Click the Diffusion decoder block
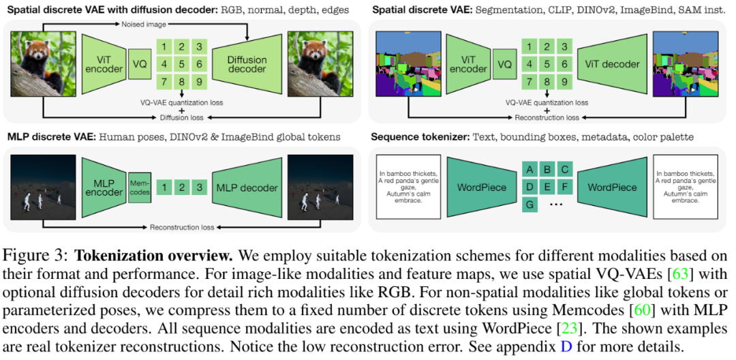point(247,64)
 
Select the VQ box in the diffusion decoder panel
point(139,64)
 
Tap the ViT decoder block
point(611,64)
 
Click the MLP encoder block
point(104,187)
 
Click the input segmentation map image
point(406,65)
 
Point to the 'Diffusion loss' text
point(181,117)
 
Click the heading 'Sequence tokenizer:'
point(418,137)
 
